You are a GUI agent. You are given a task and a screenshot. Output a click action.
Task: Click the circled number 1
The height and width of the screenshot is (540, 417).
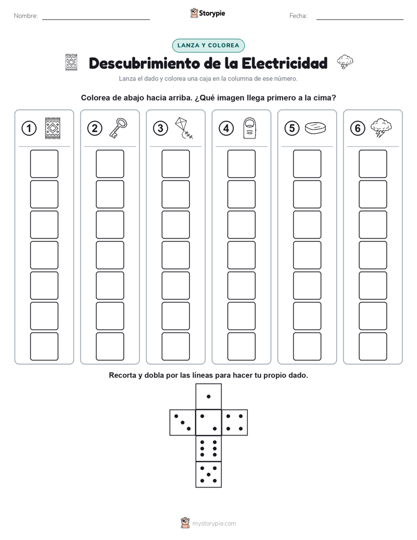click(x=29, y=129)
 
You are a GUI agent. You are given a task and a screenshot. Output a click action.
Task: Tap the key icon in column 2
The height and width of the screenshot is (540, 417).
click(x=118, y=128)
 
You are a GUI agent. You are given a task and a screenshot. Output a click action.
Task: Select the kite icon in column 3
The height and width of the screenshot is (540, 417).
click(x=184, y=128)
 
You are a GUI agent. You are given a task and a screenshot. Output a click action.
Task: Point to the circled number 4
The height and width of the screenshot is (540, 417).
click(x=226, y=129)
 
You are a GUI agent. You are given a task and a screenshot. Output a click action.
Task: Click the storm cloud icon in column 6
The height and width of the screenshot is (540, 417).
click(x=381, y=128)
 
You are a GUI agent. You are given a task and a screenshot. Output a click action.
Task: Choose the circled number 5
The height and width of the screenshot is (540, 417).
click(x=292, y=129)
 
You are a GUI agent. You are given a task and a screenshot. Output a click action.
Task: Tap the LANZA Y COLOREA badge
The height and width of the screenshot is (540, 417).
click(x=208, y=46)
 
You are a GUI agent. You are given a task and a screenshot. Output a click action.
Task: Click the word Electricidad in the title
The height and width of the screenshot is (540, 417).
click(x=284, y=63)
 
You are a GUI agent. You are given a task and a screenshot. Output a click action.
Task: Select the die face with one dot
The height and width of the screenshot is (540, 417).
click(x=208, y=396)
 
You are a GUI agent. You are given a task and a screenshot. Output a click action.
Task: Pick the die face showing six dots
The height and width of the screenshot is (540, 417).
click(x=208, y=448)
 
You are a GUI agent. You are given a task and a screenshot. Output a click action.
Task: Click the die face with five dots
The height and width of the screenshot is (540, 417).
click(x=208, y=475)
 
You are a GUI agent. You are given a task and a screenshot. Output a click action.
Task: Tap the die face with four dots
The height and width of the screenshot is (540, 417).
click(x=234, y=423)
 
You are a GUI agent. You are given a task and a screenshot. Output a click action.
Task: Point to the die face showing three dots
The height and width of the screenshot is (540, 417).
click(x=182, y=423)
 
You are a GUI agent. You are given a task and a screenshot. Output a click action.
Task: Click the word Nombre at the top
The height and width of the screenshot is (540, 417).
click(x=26, y=16)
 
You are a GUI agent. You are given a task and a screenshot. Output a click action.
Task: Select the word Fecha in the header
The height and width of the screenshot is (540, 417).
click(x=298, y=16)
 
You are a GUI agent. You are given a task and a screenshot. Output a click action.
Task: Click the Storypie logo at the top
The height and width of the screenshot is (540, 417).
click(x=207, y=13)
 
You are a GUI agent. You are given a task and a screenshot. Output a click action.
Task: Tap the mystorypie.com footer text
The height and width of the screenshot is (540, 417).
click(x=208, y=523)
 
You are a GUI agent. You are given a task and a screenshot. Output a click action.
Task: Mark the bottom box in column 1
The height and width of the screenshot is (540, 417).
click(x=44, y=347)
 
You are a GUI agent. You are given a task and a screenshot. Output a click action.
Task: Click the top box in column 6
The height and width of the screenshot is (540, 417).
click(x=373, y=164)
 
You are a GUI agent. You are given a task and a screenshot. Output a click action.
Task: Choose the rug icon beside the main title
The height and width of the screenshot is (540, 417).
click(x=71, y=63)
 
